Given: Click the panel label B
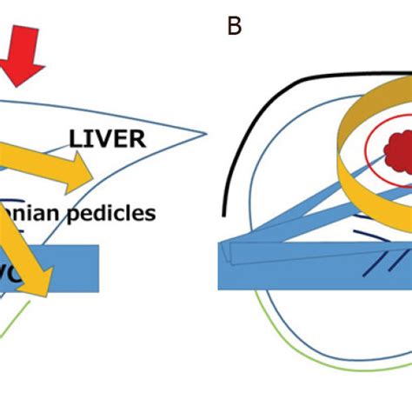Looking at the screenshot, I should pyautogui.click(x=233, y=27).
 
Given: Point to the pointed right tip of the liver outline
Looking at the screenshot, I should pyautogui.click(x=206, y=135).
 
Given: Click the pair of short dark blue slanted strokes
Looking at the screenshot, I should pyautogui.click(x=351, y=270).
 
